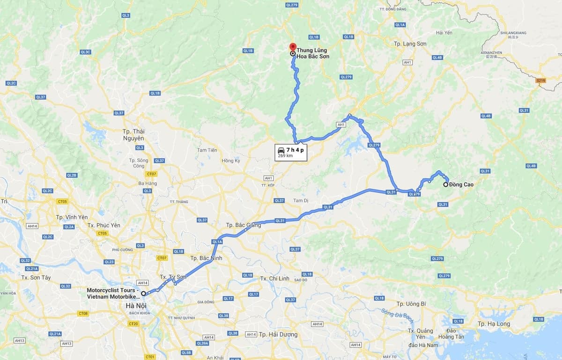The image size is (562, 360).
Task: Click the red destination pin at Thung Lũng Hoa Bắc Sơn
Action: (293, 47)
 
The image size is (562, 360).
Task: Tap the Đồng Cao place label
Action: (461, 184)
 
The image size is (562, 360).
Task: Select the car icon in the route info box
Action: (281, 150)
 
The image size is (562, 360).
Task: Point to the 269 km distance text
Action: (285, 156)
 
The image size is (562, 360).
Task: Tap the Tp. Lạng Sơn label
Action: (410, 44)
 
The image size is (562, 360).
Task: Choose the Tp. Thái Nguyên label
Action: (133, 135)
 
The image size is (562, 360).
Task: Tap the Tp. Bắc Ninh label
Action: (206, 258)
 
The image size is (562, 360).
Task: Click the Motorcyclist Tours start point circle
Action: (143, 294)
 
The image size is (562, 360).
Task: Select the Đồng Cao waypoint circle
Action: (445, 184)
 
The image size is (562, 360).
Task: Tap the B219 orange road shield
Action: (541, 81)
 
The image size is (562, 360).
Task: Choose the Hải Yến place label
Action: (444, 32)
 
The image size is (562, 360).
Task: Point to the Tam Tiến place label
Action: (207, 150)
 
